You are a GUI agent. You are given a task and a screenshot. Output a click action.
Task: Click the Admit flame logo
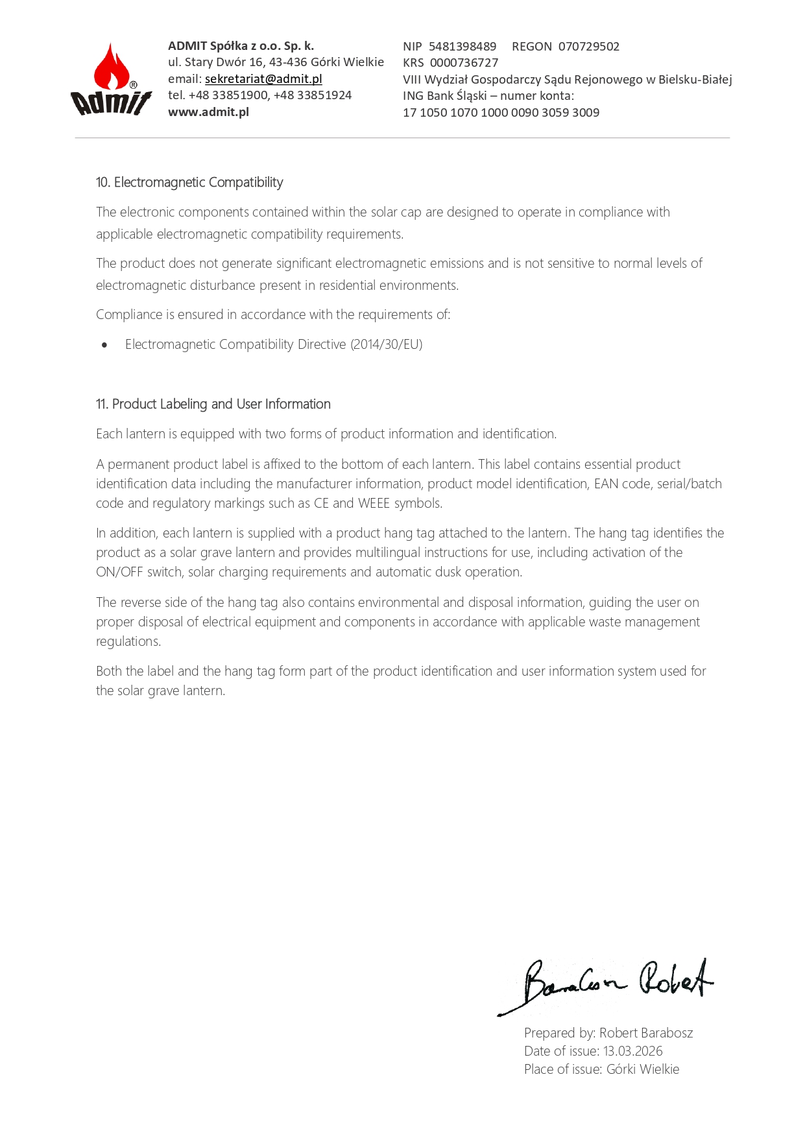pyautogui.click(x=111, y=79)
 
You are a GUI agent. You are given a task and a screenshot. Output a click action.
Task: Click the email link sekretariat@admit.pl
pyautogui.click(x=263, y=79)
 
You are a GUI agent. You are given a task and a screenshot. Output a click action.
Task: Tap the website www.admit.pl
pyautogui.click(x=208, y=112)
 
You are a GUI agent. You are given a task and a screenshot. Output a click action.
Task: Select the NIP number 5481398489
pyautogui.click(x=462, y=47)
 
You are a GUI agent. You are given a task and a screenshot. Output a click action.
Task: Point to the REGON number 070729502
pyautogui.click(x=588, y=47)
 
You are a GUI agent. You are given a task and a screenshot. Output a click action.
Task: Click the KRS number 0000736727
pyautogui.click(x=464, y=63)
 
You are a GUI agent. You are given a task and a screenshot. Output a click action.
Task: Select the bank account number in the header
pyautogui.click(x=501, y=113)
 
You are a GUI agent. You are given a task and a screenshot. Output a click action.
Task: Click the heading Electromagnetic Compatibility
pyautogui.click(x=198, y=183)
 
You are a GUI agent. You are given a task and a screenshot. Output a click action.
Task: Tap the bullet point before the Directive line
pyautogui.click(x=104, y=345)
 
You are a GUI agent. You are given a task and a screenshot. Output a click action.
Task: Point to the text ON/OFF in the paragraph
pyautogui.click(x=119, y=572)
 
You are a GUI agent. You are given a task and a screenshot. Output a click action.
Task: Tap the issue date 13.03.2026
pyautogui.click(x=632, y=1051)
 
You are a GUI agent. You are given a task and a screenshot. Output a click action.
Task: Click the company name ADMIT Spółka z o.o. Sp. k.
pyautogui.click(x=241, y=46)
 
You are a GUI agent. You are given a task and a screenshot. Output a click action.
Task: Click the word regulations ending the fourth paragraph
pyautogui.click(x=128, y=641)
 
